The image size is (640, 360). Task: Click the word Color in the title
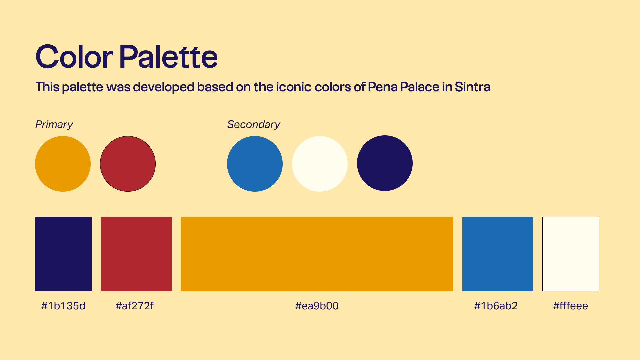(x=74, y=57)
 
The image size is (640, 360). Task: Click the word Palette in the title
(x=168, y=57)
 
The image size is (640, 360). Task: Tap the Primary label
(x=54, y=125)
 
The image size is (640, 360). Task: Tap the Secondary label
(x=254, y=124)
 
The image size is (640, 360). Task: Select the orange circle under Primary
(x=63, y=164)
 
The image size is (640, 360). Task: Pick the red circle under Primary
(x=128, y=164)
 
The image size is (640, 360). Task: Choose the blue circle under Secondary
(x=255, y=164)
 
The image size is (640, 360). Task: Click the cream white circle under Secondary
(x=320, y=164)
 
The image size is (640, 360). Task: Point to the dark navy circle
(x=385, y=163)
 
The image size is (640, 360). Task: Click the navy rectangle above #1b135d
(x=63, y=254)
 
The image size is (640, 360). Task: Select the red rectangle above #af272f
(x=136, y=254)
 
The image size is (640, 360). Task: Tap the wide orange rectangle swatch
(x=317, y=254)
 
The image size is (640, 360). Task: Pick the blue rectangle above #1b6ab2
(x=498, y=254)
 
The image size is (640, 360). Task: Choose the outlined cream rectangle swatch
(x=571, y=254)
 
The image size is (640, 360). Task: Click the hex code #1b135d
(x=63, y=306)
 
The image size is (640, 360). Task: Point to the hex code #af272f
(x=135, y=306)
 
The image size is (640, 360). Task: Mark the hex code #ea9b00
(x=317, y=306)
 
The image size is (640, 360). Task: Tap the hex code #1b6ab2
(x=496, y=306)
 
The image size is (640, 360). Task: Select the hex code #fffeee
(x=571, y=306)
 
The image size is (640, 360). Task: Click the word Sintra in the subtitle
(x=473, y=87)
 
